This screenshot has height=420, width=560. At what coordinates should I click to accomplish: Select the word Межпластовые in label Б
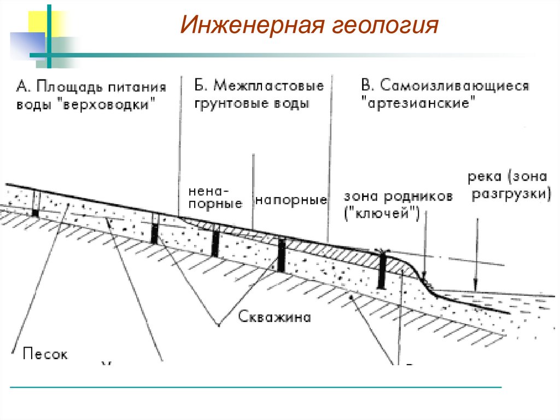coord(268,86)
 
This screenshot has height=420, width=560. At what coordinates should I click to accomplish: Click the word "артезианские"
coord(417,103)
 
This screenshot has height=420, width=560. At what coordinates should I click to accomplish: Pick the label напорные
coord(291,200)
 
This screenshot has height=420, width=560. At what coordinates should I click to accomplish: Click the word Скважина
coord(275,317)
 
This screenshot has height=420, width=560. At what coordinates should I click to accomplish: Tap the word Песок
coord(45,354)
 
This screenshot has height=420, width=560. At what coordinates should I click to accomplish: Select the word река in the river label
coord(486,177)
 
